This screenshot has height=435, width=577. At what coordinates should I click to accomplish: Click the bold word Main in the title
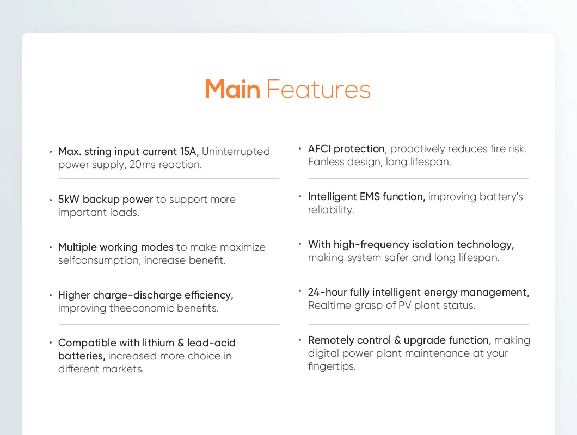click(x=232, y=89)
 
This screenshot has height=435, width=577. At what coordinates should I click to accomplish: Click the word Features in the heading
click(x=318, y=89)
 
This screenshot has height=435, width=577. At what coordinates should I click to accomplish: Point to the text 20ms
click(x=143, y=164)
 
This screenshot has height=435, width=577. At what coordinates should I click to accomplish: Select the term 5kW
click(x=69, y=200)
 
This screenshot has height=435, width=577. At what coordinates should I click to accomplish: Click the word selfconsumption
click(x=98, y=260)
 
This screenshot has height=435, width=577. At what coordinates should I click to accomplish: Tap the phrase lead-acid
click(x=211, y=343)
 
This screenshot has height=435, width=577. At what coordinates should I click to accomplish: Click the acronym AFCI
click(x=320, y=148)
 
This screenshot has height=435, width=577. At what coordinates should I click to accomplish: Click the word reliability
click(x=331, y=209)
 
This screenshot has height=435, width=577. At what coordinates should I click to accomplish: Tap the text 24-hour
click(x=328, y=293)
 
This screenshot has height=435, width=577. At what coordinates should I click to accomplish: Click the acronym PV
click(x=405, y=305)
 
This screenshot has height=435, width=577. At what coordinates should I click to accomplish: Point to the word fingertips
click(x=332, y=366)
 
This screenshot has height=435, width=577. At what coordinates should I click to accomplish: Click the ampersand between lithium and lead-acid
click(x=181, y=343)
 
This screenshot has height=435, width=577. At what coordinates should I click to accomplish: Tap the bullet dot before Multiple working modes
click(x=51, y=247)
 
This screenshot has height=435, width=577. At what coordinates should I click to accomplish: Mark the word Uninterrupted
click(x=236, y=152)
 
